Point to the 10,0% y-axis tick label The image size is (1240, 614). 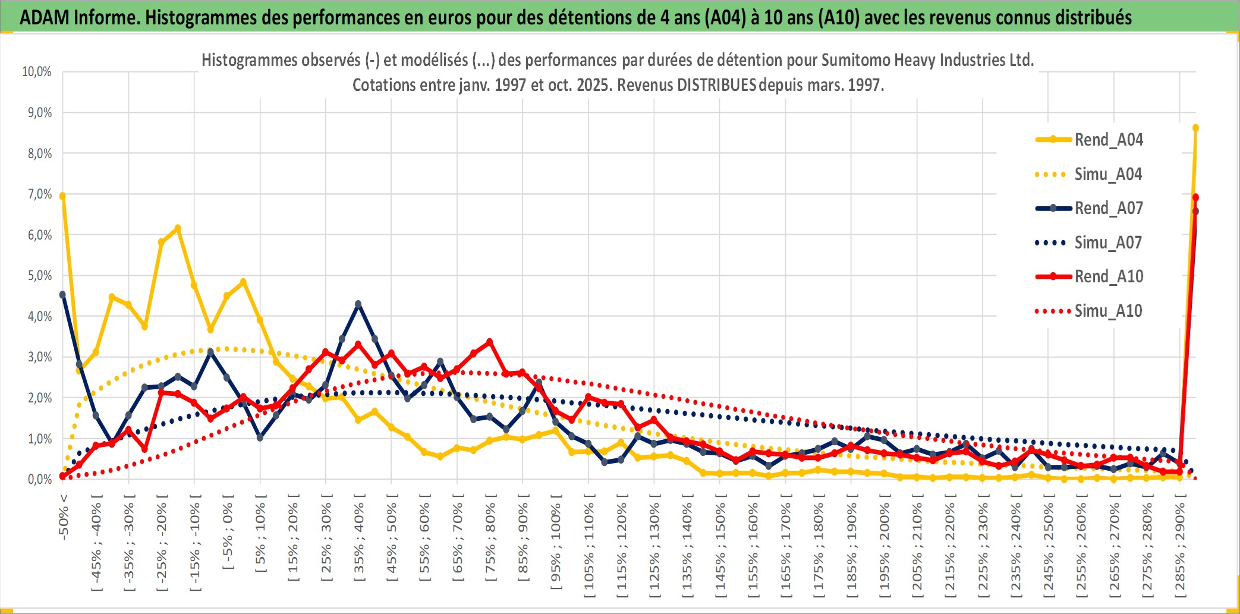[x=37, y=72]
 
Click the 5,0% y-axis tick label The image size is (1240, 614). [x=39, y=276]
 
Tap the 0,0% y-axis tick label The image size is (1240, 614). [x=39, y=480]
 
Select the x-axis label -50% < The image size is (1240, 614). [x=63, y=517]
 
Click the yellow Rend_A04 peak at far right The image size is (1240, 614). [x=1195, y=128]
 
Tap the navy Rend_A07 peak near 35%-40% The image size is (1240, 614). [x=358, y=304]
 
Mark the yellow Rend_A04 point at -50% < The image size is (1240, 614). [x=62, y=196]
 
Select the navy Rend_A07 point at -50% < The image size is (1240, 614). [x=62, y=294]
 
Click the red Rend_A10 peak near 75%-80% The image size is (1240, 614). [x=490, y=342]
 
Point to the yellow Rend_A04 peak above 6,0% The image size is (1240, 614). [x=178, y=228]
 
